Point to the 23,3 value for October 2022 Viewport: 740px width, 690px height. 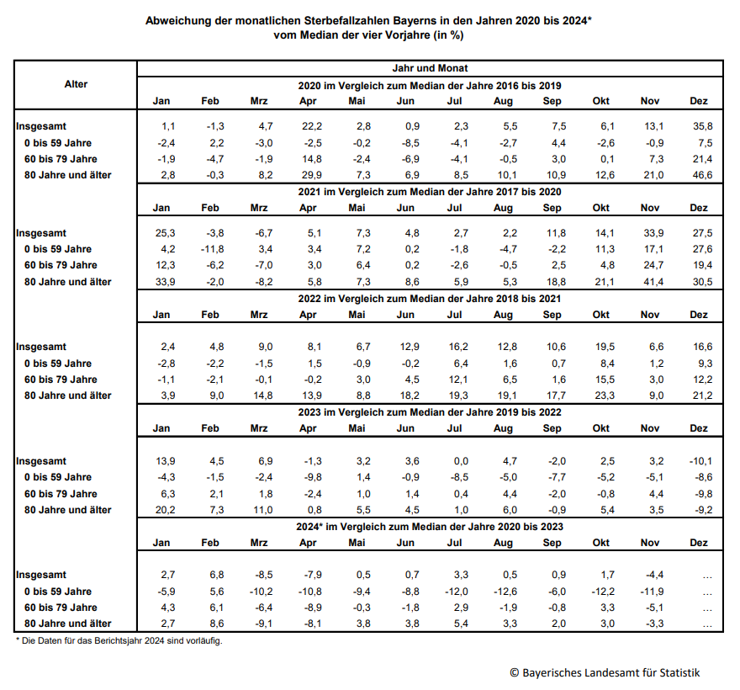(x=601, y=395)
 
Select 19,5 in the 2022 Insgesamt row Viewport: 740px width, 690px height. (x=601, y=347)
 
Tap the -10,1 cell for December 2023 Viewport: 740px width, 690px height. (x=700, y=461)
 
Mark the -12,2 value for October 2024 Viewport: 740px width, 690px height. (x=601, y=592)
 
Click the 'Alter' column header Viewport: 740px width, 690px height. (x=76, y=84)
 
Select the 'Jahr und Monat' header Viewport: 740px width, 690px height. (x=430, y=68)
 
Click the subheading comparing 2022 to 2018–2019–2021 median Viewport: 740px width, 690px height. (x=430, y=298)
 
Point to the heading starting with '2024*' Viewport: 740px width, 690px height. (x=430, y=527)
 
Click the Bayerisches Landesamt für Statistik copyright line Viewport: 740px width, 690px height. (x=604, y=672)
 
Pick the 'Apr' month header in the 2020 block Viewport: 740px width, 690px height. (x=308, y=101)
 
